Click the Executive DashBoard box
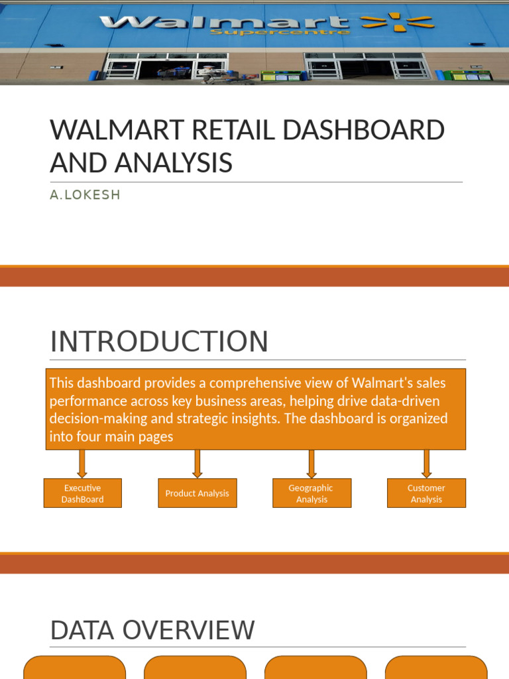(x=83, y=493)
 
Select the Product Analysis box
(x=197, y=493)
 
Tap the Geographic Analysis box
(x=311, y=493)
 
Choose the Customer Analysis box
(x=426, y=493)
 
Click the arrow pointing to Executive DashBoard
(x=82, y=463)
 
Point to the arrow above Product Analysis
(x=197, y=463)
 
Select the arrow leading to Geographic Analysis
(x=311, y=463)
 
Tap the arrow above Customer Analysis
(x=426, y=463)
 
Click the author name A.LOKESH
(x=85, y=196)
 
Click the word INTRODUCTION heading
(x=159, y=342)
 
